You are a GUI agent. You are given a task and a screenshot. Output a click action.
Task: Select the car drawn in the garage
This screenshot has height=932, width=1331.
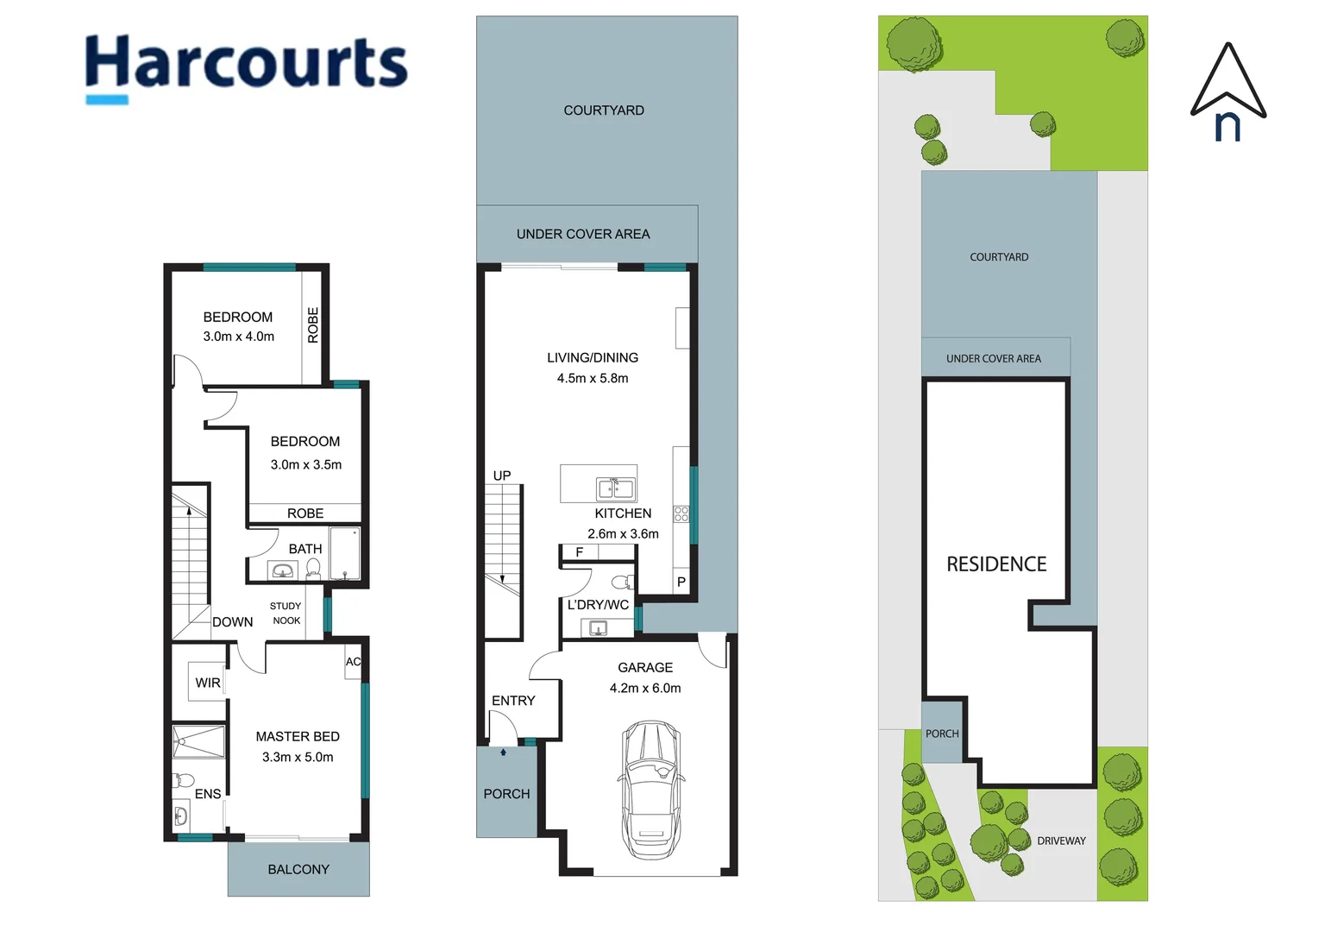click(651, 790)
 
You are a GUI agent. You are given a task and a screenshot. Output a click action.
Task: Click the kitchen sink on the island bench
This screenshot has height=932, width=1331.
click(616, 489)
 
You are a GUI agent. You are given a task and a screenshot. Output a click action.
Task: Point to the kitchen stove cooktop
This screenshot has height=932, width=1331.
click(681, 514)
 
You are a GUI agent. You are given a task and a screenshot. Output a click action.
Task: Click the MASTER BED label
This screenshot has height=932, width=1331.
click(298, 736)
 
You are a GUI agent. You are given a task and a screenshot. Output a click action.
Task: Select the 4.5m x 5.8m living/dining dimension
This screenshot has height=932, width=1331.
click(593, 378)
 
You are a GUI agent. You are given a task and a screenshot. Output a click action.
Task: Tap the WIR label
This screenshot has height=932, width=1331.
click(208, 683)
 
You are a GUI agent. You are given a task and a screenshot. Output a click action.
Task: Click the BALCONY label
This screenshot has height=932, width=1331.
click(298, 869)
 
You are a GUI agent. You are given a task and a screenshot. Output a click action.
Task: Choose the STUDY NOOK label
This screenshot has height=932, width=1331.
click(286, 613)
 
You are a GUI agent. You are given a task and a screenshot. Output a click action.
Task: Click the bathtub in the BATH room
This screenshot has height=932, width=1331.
click(344, 553)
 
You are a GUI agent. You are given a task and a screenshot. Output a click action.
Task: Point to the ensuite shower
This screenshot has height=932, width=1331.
click(198, 742)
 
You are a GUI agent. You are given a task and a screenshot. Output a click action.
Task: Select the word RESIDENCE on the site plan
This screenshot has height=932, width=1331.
click(996, 564)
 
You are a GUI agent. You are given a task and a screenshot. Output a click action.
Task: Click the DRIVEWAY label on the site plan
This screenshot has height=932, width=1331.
click(1061, 841)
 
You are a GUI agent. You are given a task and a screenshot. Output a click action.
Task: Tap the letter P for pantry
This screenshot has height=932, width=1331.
click(681, 582)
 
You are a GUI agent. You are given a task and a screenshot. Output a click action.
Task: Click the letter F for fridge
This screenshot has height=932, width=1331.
click(580, 552)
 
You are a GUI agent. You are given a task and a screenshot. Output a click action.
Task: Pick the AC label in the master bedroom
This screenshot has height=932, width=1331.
click(353, 662)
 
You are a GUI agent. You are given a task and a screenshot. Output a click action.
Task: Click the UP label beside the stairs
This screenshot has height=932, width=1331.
click(502, 475)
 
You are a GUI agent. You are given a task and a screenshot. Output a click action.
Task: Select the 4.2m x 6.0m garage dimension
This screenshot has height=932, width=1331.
click(645, 688)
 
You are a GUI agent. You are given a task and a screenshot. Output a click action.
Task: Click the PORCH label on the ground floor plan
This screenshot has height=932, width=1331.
click(506, 794)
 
